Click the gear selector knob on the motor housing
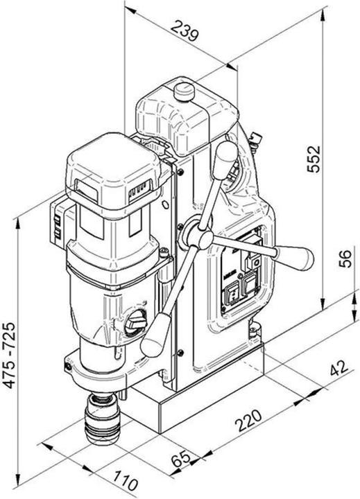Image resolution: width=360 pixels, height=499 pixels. [135, 322]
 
